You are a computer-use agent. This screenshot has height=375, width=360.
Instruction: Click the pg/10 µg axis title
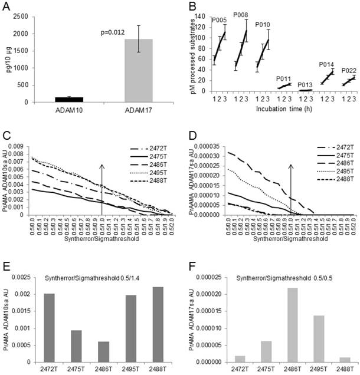click(8, 57)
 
